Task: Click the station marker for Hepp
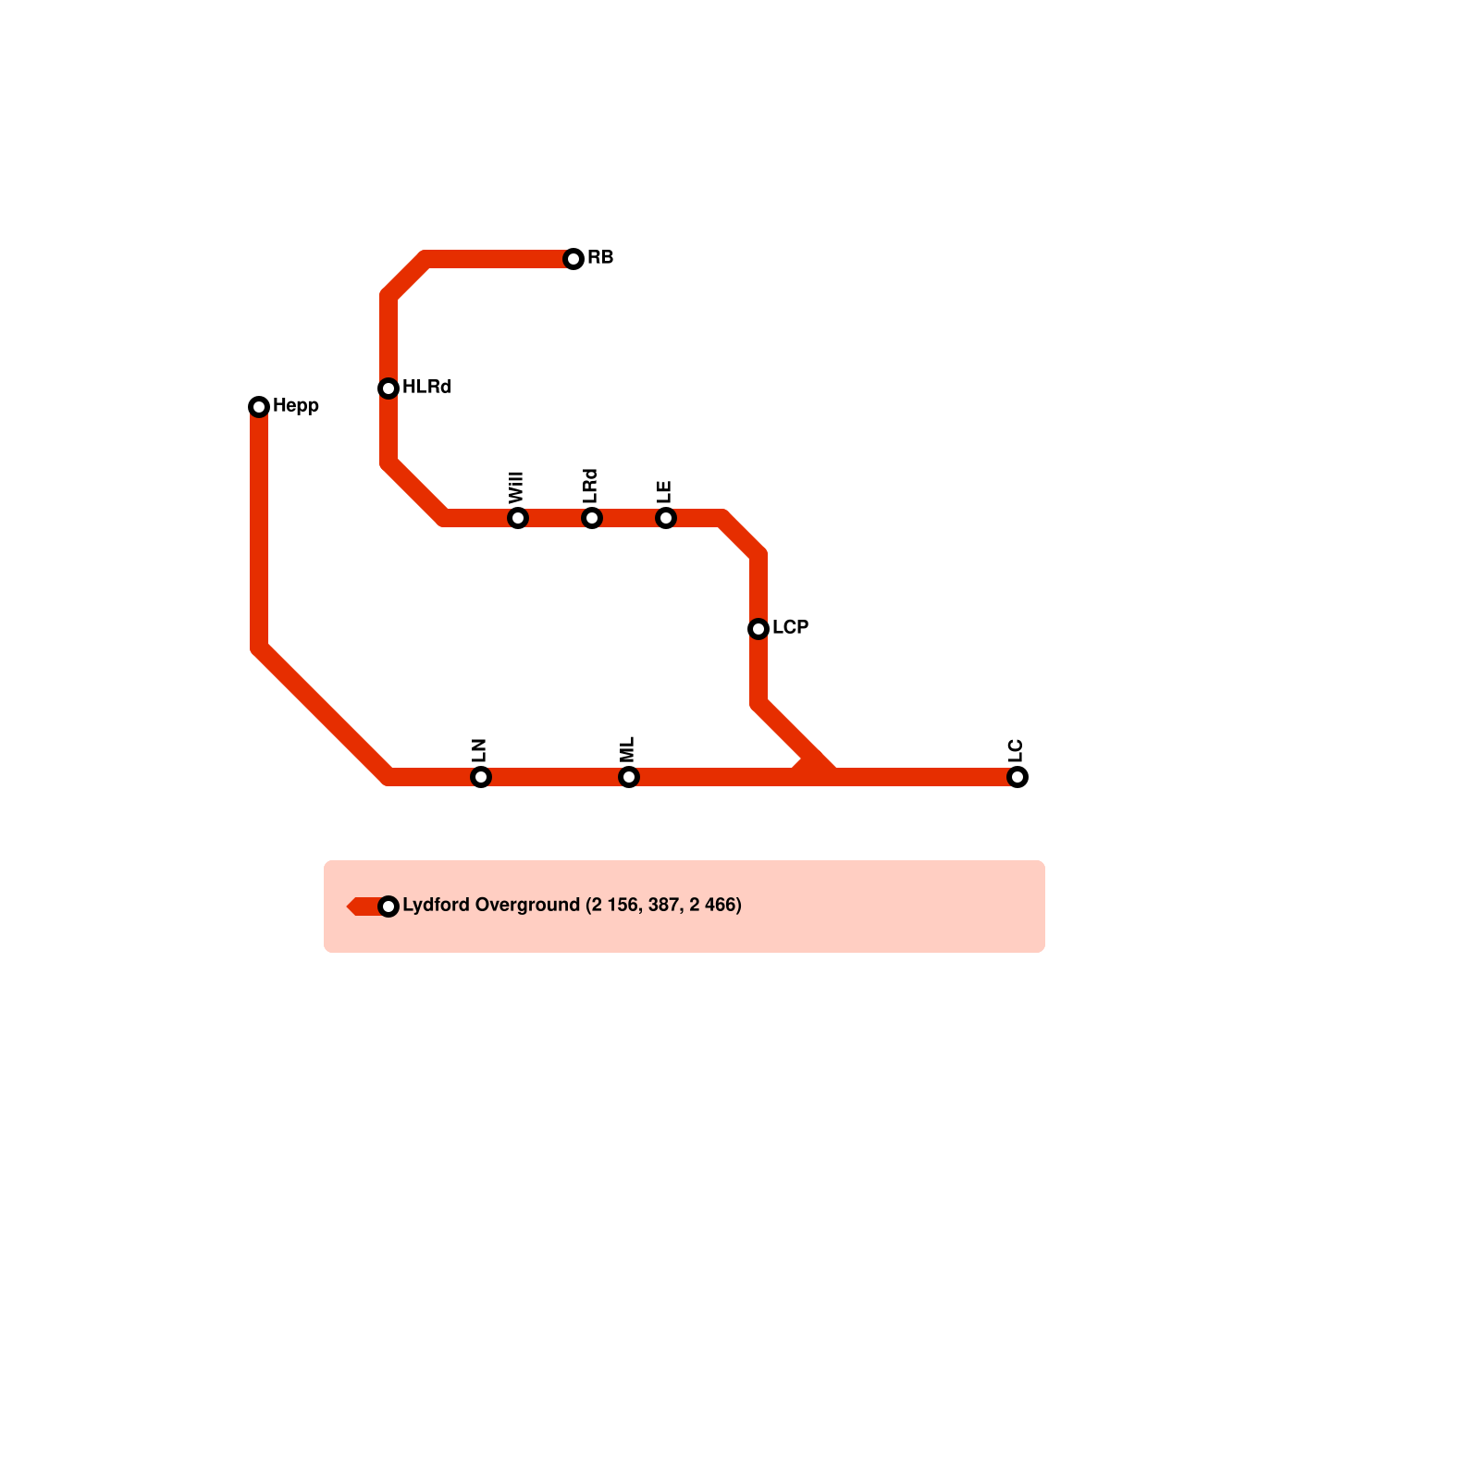(259, 407)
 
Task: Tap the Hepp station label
(296, 406)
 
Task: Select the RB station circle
(573, 259)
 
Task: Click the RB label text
(600, 257)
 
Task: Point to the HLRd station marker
(388, 388)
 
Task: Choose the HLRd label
(426, 387)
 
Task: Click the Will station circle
(518, 518)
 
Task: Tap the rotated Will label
(516, 487)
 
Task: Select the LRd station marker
(592, 518)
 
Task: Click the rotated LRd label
(590, 486)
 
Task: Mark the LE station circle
(666, 518)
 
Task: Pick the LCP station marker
(758, 629)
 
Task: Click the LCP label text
(791, 627)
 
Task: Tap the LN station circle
(481, 777)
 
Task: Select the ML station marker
(629, 777)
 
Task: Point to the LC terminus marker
(1017, 777)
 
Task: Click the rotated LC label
(1016, 750)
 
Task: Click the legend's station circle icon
(388, 906)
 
